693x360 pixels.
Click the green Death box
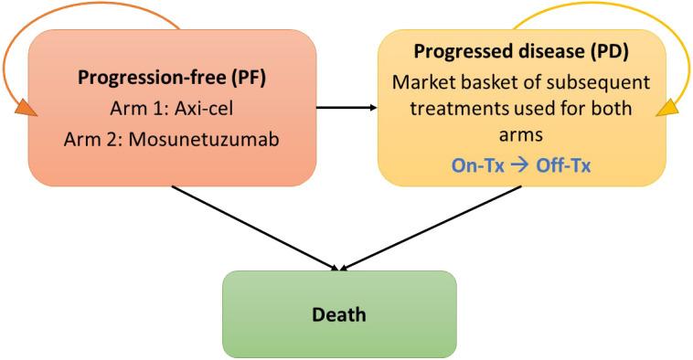(339, 314)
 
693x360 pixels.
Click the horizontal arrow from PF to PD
(346, 108)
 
